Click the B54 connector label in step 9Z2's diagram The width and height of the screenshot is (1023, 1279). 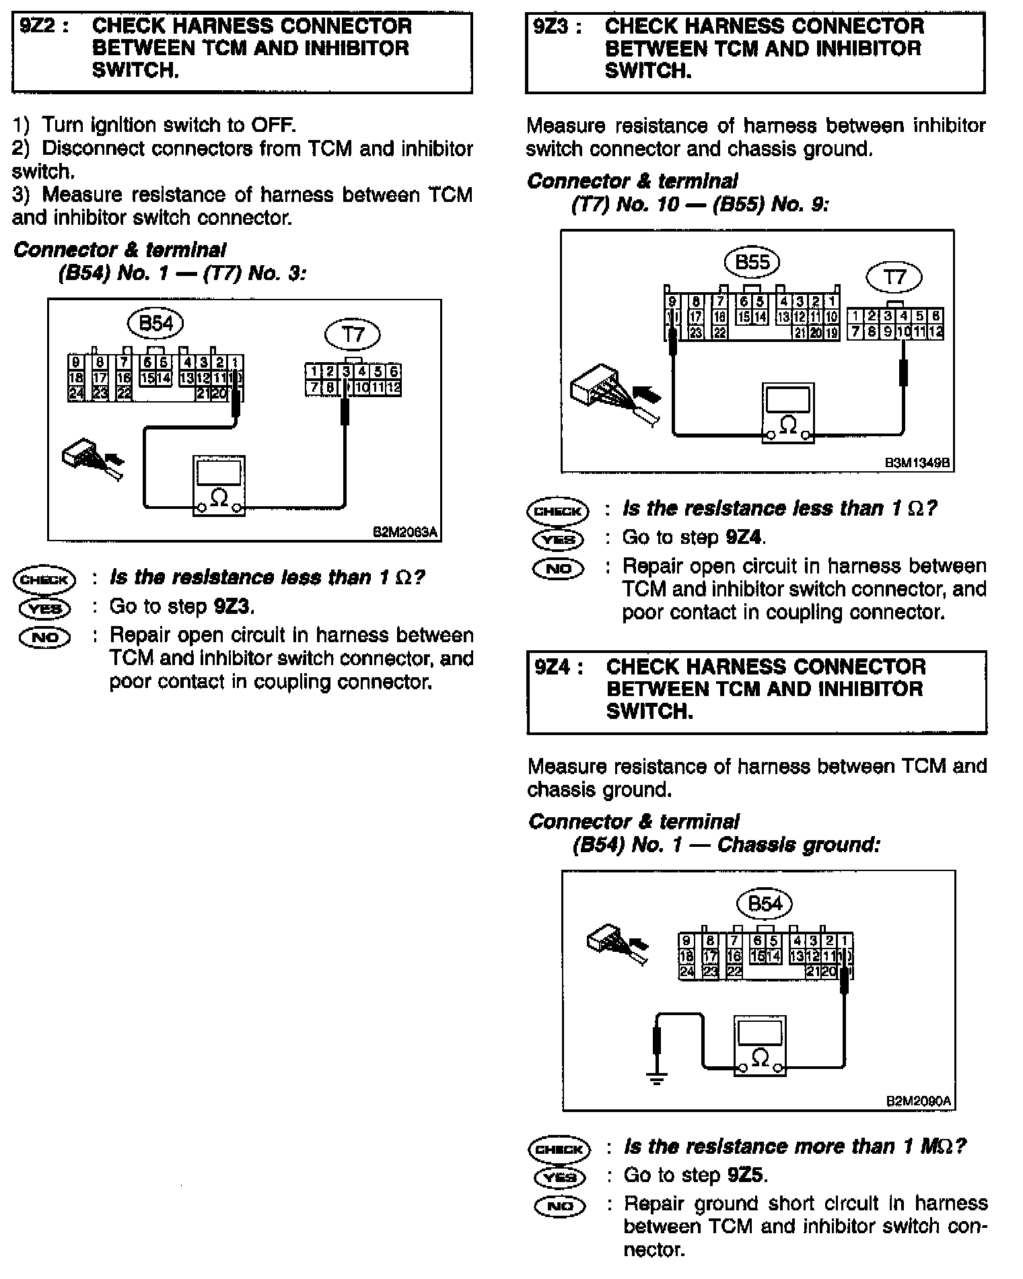(x=155, y=324)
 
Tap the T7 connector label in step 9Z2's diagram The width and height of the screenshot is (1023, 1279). (x=353, y=335)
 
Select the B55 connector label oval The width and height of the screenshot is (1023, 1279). (x=752, y=262)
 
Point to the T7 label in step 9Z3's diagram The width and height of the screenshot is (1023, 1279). (x=894, y=277)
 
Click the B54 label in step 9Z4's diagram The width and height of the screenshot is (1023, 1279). (x=765, y=903)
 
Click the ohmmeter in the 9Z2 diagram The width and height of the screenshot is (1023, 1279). (x=219, y=486)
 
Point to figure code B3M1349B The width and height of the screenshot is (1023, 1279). (x=918, y=464)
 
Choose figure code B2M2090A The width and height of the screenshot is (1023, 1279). (x=919, y=1102)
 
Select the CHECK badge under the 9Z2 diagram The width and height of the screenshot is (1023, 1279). (x=45, y=579)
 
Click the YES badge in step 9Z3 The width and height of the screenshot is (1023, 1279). (x=558, y=539)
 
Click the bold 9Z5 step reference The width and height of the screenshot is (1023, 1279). (x=746, y=1175)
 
